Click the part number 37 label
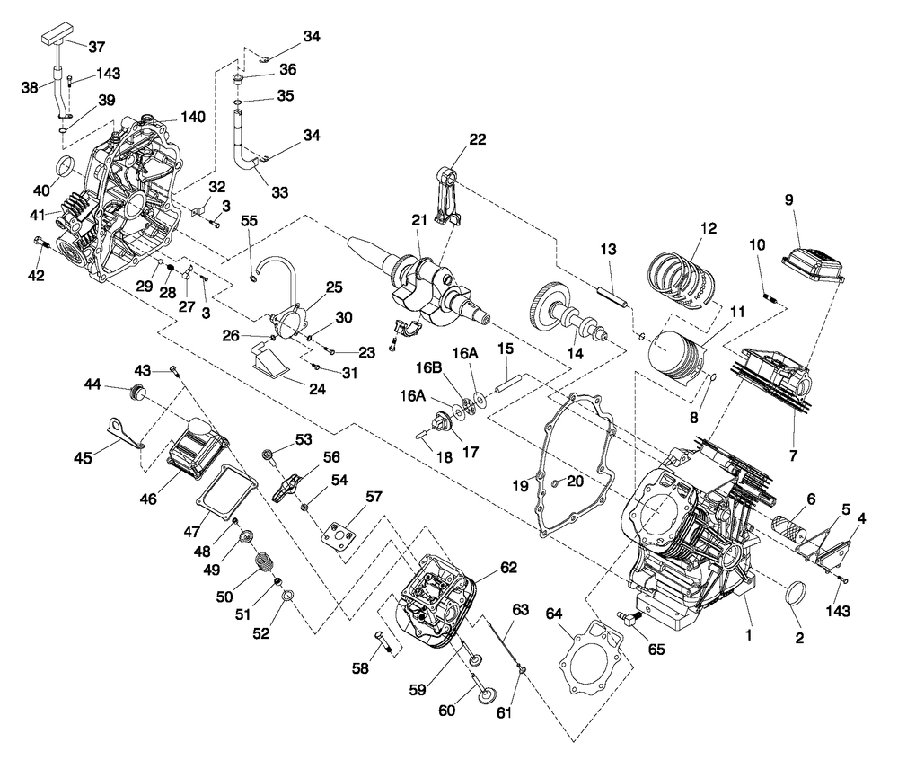pos(96,47)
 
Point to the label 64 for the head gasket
pos(553,614)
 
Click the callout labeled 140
pos(193,117)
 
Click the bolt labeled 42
pos(45,243)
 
